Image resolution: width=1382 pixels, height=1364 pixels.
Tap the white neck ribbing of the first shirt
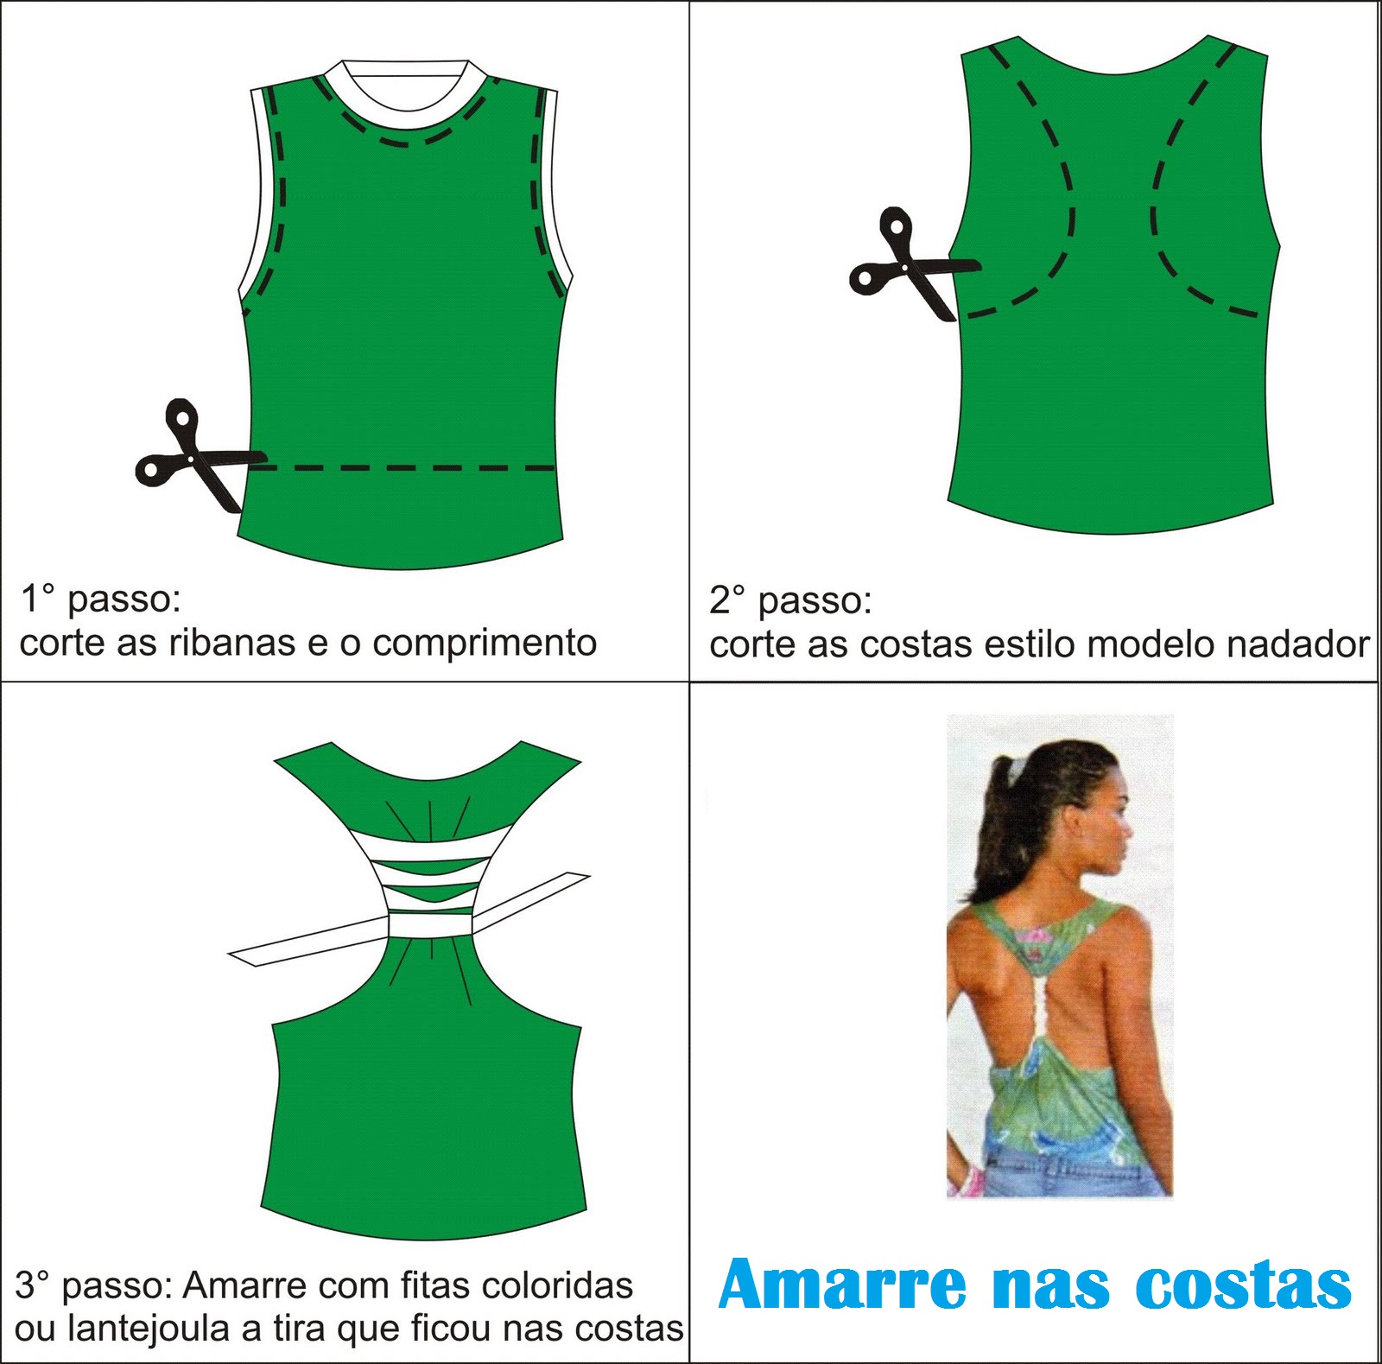(404, 99)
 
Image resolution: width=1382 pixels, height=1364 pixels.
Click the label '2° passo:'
(790, 600)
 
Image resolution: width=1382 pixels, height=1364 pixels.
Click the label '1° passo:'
(100, 598)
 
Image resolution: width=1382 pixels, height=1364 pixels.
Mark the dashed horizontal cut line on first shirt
(406, 468)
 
